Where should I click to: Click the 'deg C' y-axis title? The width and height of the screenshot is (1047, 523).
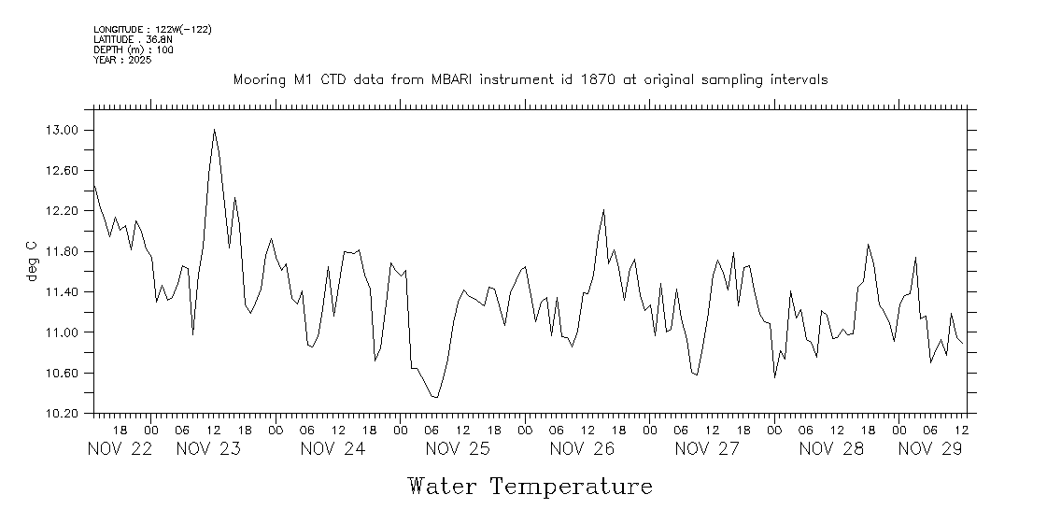tap(32, 261)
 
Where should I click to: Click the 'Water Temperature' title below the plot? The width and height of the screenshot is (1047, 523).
tap(530, 487)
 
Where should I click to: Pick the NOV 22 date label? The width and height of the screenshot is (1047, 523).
tap(120, 448)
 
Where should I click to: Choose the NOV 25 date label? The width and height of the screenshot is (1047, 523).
tap(458, 448)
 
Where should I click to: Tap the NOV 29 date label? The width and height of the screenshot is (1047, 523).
tap(930, 448)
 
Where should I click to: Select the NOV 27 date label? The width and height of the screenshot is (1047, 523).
tap(707, 448)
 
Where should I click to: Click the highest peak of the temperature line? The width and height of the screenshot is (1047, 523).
tap(214, 130)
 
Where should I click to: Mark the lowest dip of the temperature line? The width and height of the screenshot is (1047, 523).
tap(436, 398)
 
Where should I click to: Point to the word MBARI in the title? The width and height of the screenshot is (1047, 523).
tap(453, 80)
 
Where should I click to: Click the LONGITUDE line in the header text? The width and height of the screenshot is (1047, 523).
tap(152, 30)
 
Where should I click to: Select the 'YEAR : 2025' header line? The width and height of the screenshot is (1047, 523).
tap(123, 60)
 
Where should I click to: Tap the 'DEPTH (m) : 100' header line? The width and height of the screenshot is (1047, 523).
tap(133, 49)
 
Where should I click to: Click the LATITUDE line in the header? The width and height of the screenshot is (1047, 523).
tap(133, 39)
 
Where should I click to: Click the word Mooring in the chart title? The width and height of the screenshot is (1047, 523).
tap(260, 80)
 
